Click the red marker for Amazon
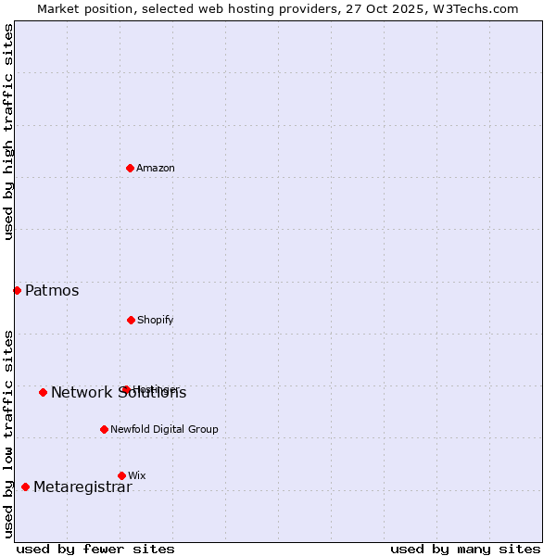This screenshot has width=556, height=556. [x=130, y=168]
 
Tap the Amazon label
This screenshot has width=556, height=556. [x=156, y=168]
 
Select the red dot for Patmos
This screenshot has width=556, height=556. [x=17, y=290]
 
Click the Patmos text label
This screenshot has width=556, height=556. [x=52, y=291]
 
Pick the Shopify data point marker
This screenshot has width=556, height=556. [x=131, y=320]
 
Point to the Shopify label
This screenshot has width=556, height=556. [x=155, y=320]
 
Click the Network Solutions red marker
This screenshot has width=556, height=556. [x=43, y=392]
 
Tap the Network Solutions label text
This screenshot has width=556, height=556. [x=119, y=393]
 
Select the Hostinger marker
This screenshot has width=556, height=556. [x=125, y=389]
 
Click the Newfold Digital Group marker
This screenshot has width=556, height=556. [x=104, y=429]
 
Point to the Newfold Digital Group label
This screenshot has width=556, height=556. [x=164, y=429]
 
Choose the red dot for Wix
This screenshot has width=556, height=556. [x=121, y=475]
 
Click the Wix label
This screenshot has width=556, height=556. [x=137, y=475]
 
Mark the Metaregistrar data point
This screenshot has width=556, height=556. [x=25, y=486]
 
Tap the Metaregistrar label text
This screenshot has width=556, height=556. [x=82, y=487]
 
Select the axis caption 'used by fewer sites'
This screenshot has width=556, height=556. [x=95, y=549]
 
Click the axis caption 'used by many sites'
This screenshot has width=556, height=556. [x=465, y=549]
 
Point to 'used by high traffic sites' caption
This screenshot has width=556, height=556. [x=8, y=132]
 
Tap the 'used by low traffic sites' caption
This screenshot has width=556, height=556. [x=8, y=433]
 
